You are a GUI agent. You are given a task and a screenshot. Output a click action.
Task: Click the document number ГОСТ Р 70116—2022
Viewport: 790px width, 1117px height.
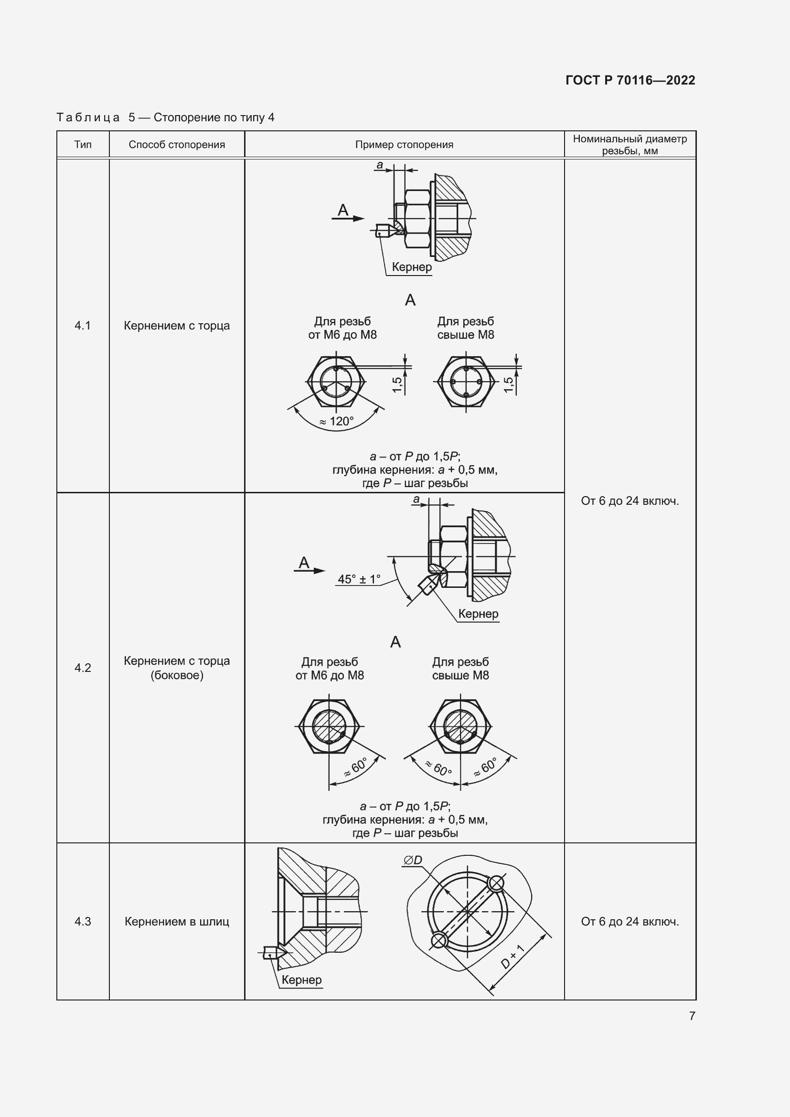630,80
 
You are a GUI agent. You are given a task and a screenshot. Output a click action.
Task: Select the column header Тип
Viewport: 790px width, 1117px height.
83,145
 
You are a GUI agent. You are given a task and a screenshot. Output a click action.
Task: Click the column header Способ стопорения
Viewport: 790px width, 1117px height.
177,145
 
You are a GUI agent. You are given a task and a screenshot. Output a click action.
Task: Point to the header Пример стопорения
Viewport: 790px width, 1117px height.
404,145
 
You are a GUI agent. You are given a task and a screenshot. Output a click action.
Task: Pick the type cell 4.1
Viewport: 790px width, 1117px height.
83,326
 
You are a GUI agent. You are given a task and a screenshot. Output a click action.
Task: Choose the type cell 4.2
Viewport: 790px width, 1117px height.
83,668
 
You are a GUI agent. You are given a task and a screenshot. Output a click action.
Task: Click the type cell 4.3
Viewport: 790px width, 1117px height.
83,921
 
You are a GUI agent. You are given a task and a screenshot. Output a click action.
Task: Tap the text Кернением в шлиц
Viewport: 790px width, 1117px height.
177,921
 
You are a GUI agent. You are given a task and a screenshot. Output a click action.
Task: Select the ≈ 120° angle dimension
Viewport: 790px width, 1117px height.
337,421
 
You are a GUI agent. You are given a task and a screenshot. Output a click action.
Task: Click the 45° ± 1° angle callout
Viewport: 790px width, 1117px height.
359,579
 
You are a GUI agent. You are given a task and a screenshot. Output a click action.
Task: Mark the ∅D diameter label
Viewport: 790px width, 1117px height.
413,860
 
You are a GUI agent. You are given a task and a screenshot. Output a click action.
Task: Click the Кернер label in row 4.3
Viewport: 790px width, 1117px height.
301,979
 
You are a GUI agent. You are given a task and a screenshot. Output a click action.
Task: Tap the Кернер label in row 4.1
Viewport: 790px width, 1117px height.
412,266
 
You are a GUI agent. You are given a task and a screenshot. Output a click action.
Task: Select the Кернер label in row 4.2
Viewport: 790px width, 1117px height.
478,614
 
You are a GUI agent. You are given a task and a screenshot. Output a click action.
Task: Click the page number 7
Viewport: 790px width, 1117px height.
692,1015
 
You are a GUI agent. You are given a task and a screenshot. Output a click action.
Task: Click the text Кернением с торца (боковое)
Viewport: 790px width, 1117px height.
177,668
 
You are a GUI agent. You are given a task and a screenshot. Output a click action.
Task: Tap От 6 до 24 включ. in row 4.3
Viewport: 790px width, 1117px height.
630,921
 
